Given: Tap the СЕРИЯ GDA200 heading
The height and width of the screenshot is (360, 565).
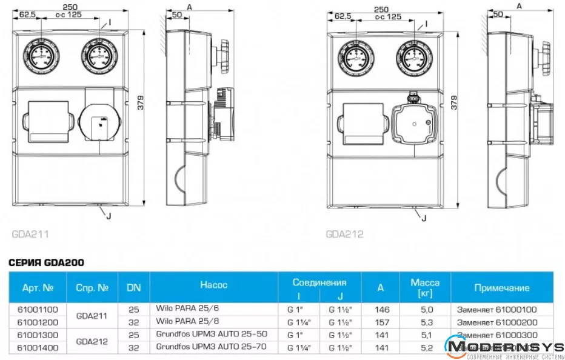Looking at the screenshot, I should (45, 263).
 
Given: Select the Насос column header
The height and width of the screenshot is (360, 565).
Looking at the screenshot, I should (213, 284).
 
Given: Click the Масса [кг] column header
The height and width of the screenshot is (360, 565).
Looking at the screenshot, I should (425, 287).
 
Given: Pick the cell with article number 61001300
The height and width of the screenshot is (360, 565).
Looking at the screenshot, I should (39, 334).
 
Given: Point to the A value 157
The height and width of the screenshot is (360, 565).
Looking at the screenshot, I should (381, 321).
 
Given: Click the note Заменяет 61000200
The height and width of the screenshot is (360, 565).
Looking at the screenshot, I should (497, 321).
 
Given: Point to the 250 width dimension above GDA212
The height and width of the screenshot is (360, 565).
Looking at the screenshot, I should (381, 9).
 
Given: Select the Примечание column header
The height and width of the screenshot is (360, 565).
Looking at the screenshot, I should (501, 288).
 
